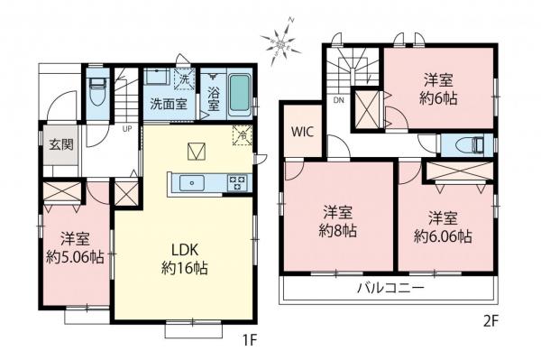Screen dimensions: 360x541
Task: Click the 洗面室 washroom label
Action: (x=168, y=103)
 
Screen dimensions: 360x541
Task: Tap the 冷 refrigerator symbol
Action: (x=241, y=135)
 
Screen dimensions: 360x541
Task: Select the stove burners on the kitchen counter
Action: (x=239, y=183)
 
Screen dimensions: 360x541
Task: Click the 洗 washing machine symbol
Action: (x=182, y=77)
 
